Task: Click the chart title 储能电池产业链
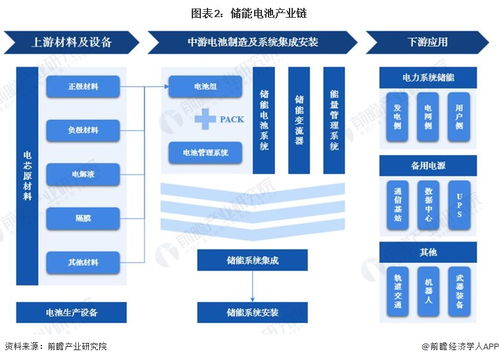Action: coord(250,14)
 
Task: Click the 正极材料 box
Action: coord(84,86)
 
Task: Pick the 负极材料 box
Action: coord(84,130)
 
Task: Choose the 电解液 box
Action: coord(84,173)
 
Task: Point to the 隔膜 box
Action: coord(84,217)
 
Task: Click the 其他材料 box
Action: coord(84,261)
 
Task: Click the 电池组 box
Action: coord(205,88)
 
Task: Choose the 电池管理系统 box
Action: coord(205,153)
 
